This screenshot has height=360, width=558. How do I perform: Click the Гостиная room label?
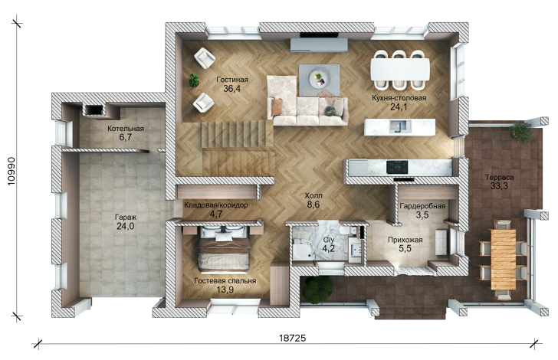coord(232,80)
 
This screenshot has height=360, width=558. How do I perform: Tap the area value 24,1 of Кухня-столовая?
coord(399,106)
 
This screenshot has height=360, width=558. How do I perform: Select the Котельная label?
coord(126,129)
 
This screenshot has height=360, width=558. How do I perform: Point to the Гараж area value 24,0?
coord(126,226)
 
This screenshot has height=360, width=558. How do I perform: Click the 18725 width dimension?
coord(292,338)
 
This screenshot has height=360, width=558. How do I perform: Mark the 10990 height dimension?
coord(11,171)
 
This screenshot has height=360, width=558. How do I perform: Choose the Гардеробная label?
coord(422,206)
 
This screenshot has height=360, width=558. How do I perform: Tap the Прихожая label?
coord(405,240)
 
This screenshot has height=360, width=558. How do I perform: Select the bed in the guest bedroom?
coord(224,248)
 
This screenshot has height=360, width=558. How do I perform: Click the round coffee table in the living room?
coord(317,79)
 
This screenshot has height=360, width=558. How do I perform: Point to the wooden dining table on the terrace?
coord(503,259)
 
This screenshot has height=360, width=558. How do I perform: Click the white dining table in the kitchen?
coord(400,69)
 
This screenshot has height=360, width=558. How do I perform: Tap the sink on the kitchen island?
coord(400,126)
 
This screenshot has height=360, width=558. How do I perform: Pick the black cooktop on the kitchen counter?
coord(397,167)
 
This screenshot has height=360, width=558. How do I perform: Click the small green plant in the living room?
coord(194,80)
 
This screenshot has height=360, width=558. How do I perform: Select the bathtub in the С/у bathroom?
coord(304,250)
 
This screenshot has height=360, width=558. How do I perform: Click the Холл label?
coord(313,195)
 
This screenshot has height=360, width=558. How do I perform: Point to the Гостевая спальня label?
coord(225,280)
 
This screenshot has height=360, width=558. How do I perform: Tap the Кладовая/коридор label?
coord(216,205)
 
